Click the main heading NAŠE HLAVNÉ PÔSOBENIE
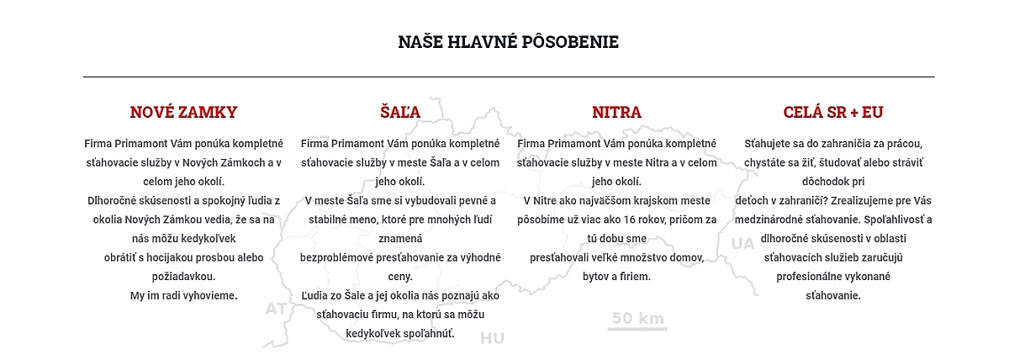point(508,42)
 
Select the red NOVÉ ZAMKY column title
point(183,112)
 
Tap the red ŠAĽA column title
point(399,112)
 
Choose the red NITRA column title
point(616,112)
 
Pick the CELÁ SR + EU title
point(832,112)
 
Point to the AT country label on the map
point(276,309)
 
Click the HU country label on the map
point(492,338)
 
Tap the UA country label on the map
point(742,244)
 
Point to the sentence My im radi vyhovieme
point(183,295)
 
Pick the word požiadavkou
point(183,277)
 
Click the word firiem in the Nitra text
point(634,277)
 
